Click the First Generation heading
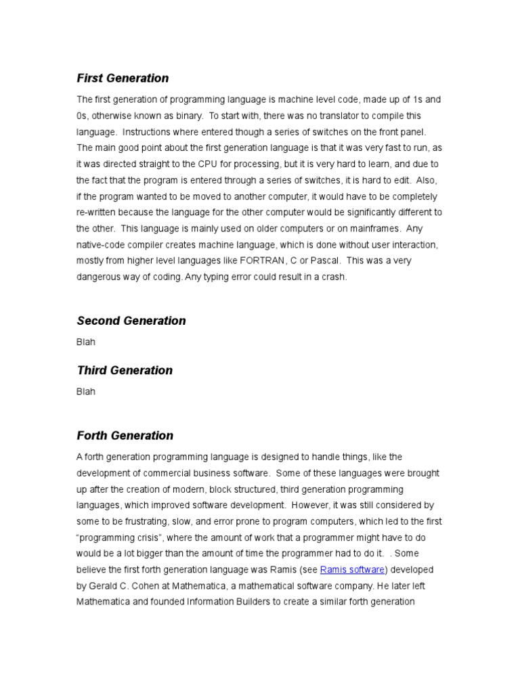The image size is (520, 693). coord(123,78)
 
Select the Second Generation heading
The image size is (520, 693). coord(131,321)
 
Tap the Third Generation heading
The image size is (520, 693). coord(125,370)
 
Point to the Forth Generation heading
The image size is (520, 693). coord(125,435)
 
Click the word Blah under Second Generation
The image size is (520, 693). coord(86,342)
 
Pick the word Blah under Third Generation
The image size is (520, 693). coord(86,391)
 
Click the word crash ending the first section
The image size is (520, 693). coord(333,277)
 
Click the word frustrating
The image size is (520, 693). coord(146,521)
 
